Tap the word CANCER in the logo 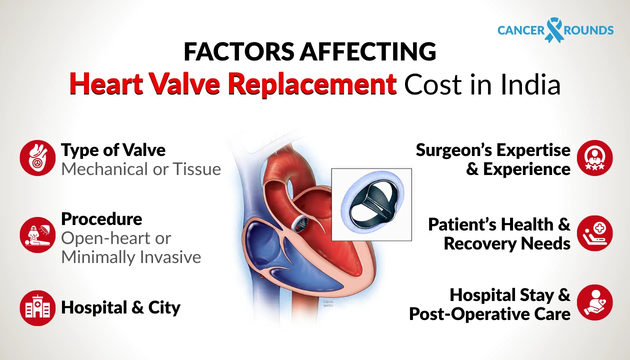(x=521, y=30)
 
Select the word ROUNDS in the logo (x=588, y=30)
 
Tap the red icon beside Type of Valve (x=37, y=157)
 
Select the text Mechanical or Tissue (x=141, y=169)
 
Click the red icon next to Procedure (x=37, y=234)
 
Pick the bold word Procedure (x=101, y=219)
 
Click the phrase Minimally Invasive (x=131, y=257)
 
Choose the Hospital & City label (x=120, y=307)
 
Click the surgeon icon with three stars (x=594, y=157)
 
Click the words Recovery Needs (x=507, y=243)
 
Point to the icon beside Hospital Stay (x=594, y=302)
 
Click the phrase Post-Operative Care (x=489, y=314)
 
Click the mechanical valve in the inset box (x=371, y=204)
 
